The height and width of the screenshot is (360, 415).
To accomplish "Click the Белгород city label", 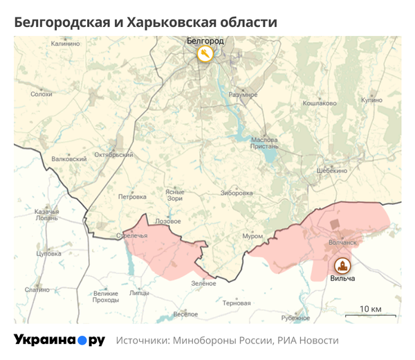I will [205, 41].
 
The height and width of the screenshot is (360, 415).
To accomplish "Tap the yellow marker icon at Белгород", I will [205, 54].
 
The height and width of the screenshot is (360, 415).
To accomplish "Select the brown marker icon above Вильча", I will [342, 265].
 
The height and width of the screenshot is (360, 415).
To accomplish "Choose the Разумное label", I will [243, 94].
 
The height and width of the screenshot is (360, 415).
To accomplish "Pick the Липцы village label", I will [139, 293].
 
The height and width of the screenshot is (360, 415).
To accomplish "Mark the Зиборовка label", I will [237, 193].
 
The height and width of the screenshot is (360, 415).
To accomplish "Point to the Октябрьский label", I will [113, 154].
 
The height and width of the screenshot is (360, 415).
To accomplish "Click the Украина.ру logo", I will [59, 340].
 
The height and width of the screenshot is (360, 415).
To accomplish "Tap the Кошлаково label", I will [320, 103].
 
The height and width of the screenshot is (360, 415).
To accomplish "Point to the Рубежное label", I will [295, 318].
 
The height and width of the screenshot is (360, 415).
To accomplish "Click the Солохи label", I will [41, 94].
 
